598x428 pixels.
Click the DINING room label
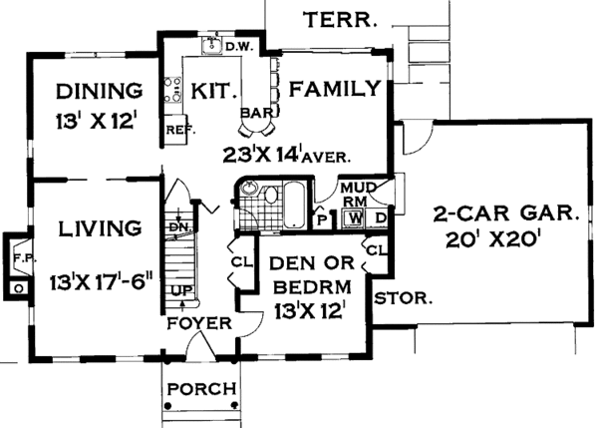99,91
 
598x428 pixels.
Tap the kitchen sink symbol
211,46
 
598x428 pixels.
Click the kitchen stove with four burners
172,90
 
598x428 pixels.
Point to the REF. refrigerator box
175,130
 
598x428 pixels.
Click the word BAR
257,113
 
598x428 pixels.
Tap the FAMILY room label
335,89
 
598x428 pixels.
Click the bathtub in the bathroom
294,206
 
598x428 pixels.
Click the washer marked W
355,218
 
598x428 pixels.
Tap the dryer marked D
380,218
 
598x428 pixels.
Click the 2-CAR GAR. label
505,214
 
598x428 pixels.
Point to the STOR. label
403,298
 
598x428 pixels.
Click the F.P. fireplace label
25,258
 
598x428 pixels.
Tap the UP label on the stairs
182,291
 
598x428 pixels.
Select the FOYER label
199,323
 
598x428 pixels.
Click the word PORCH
201,389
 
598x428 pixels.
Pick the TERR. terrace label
340,20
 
